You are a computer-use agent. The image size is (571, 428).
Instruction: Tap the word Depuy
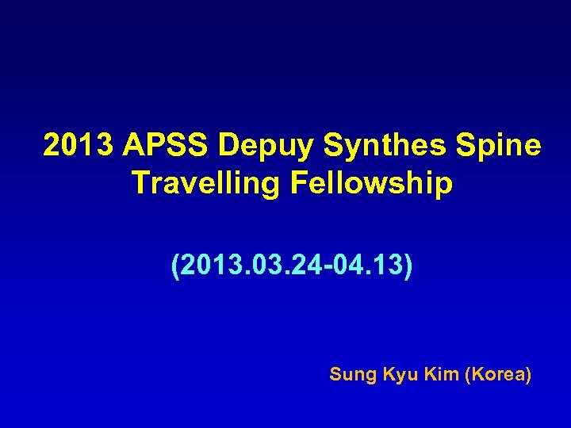258,146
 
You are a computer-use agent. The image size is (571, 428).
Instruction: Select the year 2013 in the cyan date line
210,266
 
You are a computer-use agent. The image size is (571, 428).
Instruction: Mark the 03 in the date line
263,266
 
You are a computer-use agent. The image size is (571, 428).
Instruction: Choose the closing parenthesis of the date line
408,267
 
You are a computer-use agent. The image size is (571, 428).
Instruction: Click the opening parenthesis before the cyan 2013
176,267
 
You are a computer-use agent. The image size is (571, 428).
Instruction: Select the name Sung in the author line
347,374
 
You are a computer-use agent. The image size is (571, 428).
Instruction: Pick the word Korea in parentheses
500,373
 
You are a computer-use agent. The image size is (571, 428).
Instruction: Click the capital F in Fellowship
298,183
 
